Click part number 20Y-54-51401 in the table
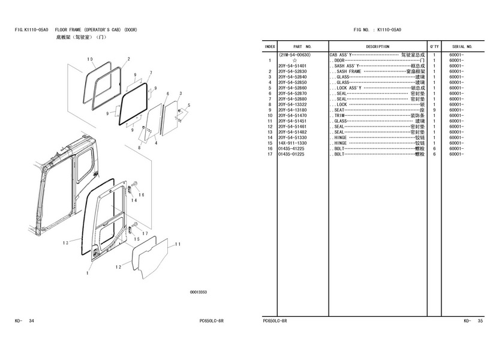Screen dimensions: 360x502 point(292,66)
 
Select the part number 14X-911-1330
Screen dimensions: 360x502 point(292,143)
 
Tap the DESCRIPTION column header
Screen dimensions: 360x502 point(378,46)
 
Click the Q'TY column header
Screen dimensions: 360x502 point(434,46)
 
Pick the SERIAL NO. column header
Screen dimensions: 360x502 point(462,46)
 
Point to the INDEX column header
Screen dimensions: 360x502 point(270,46)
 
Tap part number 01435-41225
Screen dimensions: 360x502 point(292,149)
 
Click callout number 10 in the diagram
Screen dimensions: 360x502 point(90,59)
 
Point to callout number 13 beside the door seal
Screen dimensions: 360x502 point(65,243)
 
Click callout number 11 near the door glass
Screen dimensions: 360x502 point(178,244)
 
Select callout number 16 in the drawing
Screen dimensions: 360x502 point(141,194)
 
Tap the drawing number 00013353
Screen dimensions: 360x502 point(199,292)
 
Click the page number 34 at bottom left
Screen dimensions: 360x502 point(31,321)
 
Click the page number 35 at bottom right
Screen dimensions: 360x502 point(480,321)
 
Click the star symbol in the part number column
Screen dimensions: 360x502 point(294,61)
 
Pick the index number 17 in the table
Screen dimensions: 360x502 point(270,154)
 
